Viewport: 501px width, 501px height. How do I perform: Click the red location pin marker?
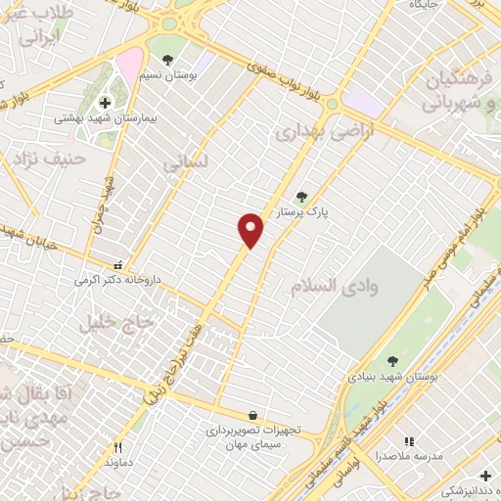pos(251,229)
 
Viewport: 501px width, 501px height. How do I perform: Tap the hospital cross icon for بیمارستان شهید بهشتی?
pos(105,103)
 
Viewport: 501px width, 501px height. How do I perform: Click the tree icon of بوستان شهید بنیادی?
pos(392,361)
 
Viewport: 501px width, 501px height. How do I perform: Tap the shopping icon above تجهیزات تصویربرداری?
pos(253,416)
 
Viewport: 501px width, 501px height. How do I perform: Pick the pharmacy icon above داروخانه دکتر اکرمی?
pos(118,264)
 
